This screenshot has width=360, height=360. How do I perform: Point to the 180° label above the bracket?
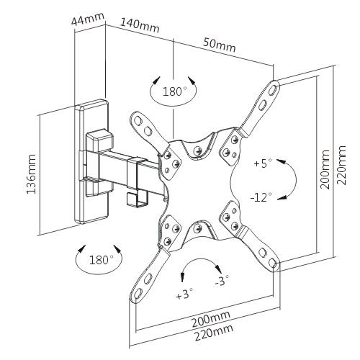174,92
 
